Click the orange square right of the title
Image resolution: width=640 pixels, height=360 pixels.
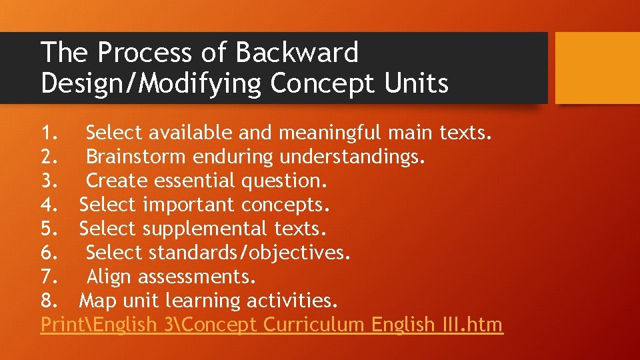597,68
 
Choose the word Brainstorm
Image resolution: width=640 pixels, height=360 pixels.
136,157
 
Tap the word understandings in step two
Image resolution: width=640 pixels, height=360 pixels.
351,157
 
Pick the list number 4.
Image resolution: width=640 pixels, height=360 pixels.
50,205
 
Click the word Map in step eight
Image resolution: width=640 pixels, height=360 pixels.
97,301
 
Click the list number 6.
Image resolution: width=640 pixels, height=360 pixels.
50,253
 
